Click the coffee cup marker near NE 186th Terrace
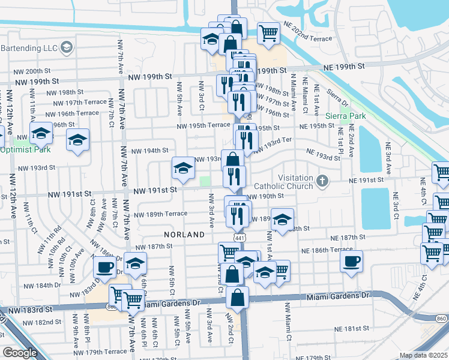pyautogui.click(x=351, y=261)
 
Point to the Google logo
pyautogui.click(x=20, y=352)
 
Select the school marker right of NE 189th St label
pyautogui.click(x=282, y=220)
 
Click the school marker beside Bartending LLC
pyautogui.click(x=65, y=46)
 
